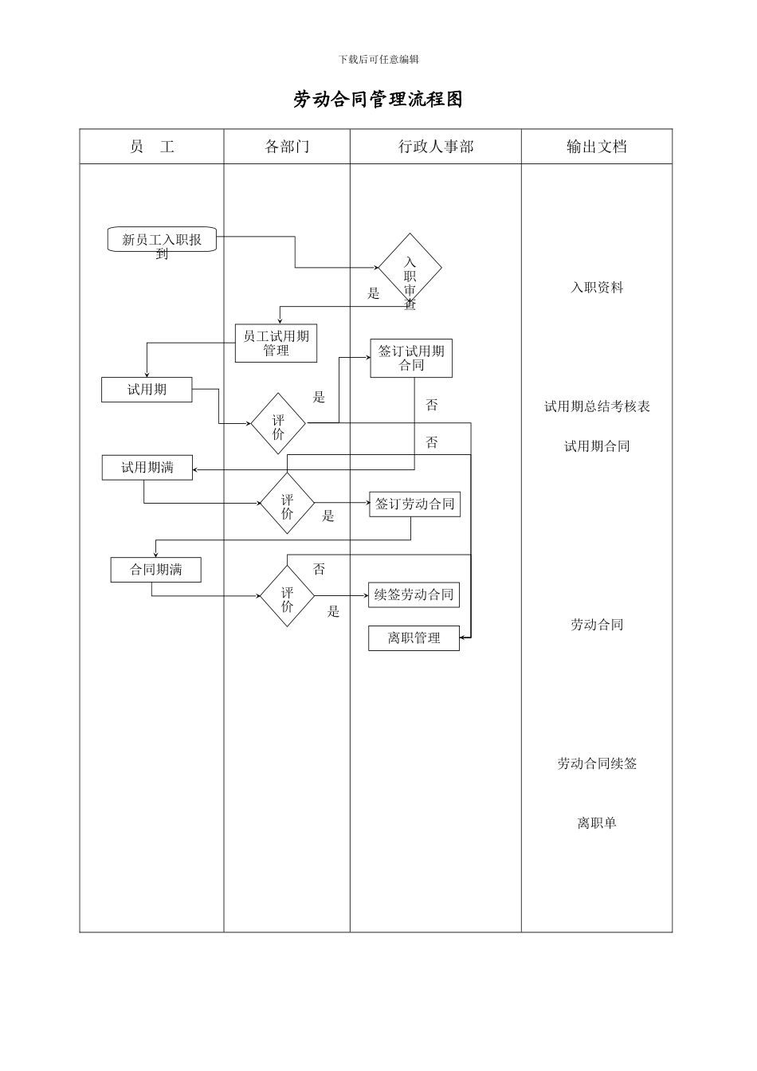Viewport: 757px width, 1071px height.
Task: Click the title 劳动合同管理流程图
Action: [x=378, y=100]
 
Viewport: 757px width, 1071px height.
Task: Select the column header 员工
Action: [x=151, y=147]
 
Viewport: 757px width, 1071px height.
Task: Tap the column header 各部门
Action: [x=287, y=147]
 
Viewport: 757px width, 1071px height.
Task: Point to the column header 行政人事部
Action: [x=436, y=147]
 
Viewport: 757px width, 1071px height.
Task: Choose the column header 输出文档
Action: [x=597, y=147]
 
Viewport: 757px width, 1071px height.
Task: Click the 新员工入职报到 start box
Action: [x=162, y=240]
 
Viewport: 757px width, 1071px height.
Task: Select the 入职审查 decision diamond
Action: [x=410, y=270]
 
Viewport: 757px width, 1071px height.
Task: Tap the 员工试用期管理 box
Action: [x=276, y=343]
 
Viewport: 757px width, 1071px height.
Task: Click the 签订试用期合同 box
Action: [x=411, y=359]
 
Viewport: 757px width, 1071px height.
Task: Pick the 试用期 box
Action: [x=147, y=390]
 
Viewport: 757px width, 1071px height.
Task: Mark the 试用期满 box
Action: [x=147, y=468]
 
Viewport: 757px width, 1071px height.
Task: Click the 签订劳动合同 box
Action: [x=414, y=504]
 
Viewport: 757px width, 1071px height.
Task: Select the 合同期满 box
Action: [x=156, y=570]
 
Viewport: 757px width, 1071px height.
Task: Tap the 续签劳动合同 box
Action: [x=414, y=595]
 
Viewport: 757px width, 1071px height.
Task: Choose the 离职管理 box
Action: [x=414, y=638]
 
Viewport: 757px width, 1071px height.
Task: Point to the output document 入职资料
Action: [x=597, y=288]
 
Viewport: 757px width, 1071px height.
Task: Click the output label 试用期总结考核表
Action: [x=597, y=406]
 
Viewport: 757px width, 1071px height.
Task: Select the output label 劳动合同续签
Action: [x=597, y=763]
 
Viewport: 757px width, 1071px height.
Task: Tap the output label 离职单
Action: [x=597, y=823]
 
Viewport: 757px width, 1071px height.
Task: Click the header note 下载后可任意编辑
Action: [x=378, y=59]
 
